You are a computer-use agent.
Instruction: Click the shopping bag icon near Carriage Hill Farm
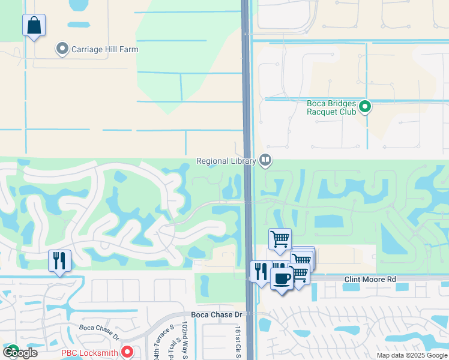tap(34, 26)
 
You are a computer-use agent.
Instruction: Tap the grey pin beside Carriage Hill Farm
tap(62, 49)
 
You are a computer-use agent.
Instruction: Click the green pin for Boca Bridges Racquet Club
tap(365, 107)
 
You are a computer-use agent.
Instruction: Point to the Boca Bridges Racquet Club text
tap(332, 107)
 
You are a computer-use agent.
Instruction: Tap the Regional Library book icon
tap(265, 160)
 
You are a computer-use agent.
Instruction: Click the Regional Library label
tap(226, 160)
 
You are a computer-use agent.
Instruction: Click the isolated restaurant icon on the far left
tap(59, 261)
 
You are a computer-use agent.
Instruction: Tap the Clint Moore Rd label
tap(370, 280)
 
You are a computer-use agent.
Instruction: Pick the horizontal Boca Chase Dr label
tap(216, 314)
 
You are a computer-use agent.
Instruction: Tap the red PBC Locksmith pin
tap(127, 352)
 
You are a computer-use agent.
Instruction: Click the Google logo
tap(20, 353)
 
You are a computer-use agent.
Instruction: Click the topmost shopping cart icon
tap(280, 239)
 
